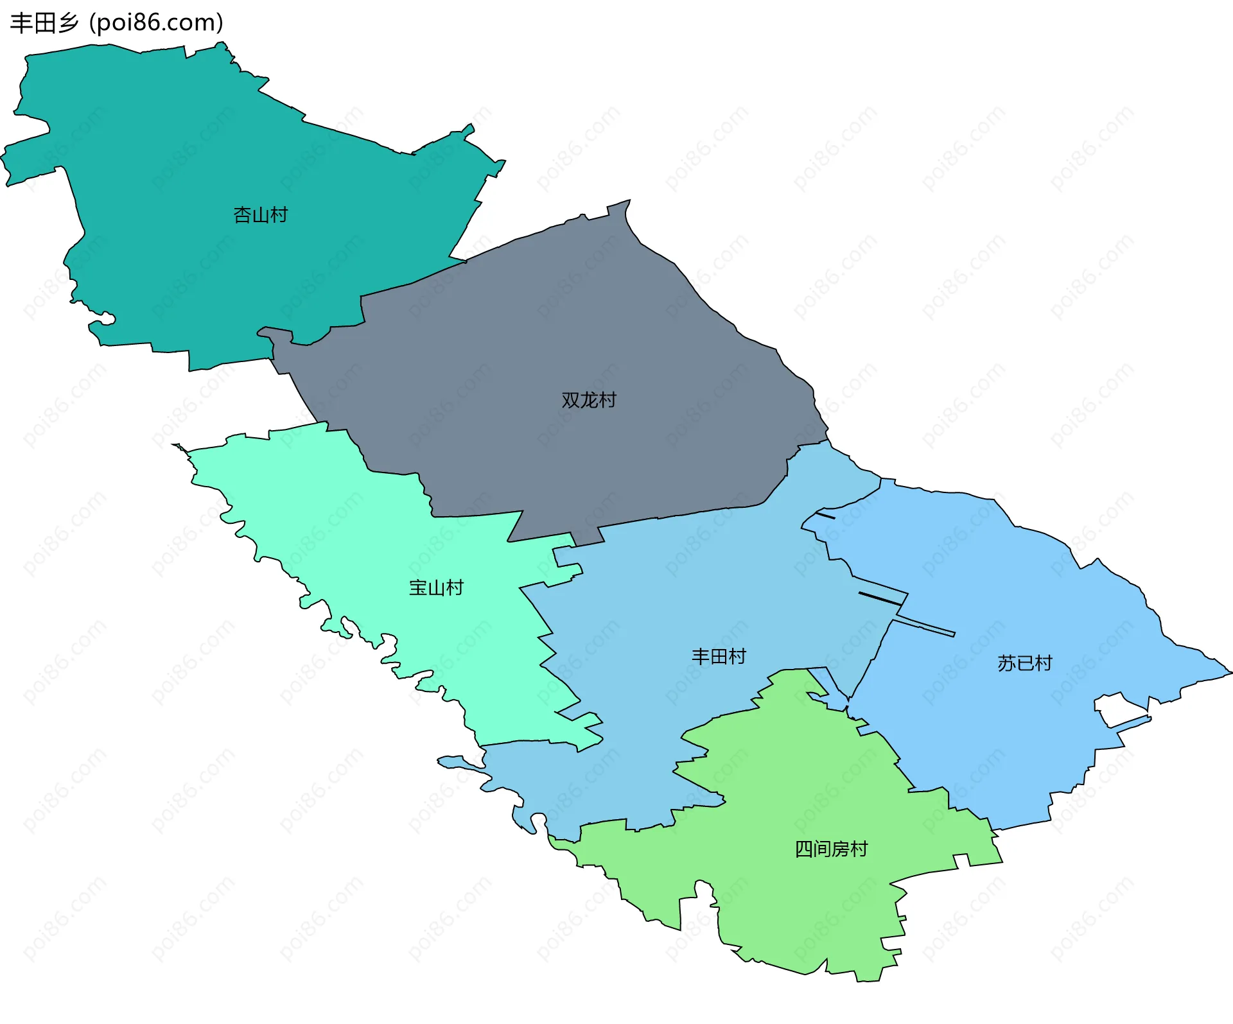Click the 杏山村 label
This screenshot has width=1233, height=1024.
click(260, 215)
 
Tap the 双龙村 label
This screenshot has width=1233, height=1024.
click(588, 400)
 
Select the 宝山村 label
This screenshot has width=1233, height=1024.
click(436, 587)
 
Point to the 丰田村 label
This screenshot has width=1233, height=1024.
click(719, 656)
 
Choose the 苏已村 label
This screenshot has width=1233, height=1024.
click(1025, 663)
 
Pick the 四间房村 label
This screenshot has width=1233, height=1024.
click(831, 849)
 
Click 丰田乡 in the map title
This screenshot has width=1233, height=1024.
click(44, 23)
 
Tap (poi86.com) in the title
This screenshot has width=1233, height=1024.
click(156, 23)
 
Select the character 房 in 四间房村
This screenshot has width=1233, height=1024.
click(841, 849)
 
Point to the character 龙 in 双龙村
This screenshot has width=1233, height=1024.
click(589, 400)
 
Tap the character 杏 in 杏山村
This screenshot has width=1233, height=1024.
click(242, 215)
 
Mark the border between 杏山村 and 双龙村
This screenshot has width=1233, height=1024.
click(411, 282)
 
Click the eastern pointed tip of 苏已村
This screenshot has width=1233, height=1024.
click(1230, 673)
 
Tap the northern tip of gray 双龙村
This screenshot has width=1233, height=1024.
click(628, 201)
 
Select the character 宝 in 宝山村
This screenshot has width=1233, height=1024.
click(418, 587)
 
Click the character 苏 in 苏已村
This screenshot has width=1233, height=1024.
click(1006, 663)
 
